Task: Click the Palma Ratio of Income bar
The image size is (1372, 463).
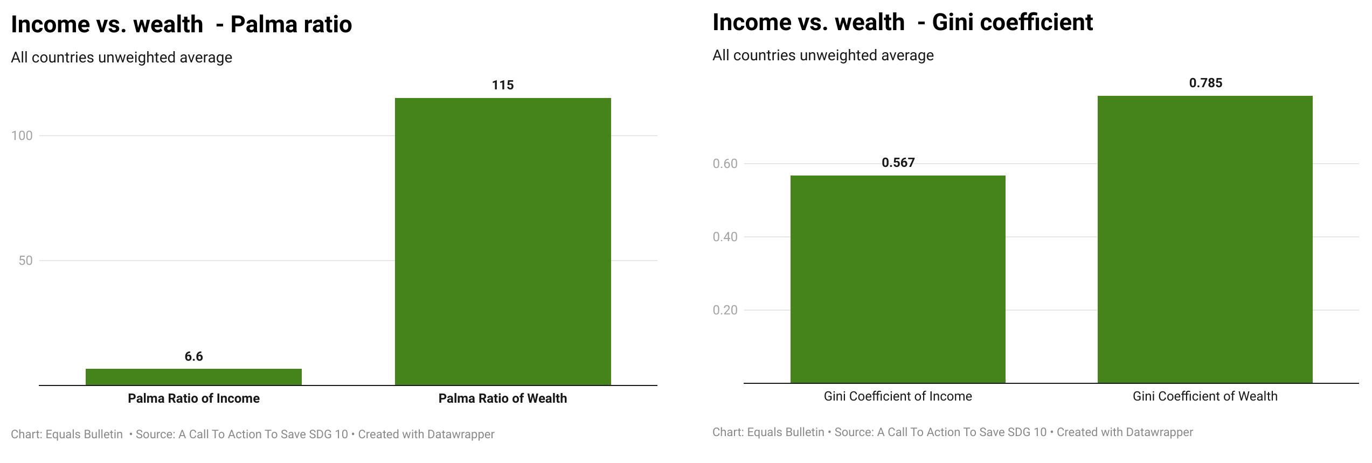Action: tap(193, 377)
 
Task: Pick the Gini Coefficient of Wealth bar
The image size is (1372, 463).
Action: tap(1205, 239)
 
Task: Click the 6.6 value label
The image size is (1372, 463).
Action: tap(193, 356)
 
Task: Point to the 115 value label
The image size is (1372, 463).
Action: tap(503, 85)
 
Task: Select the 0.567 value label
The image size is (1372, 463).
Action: tap(898, 163)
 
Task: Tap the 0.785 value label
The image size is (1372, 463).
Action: tap(1205, 83)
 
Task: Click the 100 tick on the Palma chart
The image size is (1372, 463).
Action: tap(22, 136)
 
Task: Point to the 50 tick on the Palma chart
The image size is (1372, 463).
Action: tap(25, 261)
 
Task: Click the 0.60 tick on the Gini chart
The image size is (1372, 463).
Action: tap(725, 164)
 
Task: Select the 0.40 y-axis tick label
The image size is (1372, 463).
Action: tap(725, 237)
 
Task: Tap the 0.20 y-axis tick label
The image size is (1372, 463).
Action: tap(725, 310)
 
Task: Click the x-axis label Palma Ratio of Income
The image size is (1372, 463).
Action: tap(193, 398)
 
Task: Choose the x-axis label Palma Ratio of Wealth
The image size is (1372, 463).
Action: tap(503, 398)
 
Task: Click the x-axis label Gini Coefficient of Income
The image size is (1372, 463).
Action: tap(898, 396)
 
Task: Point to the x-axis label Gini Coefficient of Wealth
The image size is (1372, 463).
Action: tap(1205, 396)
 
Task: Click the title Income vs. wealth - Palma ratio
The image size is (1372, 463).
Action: tap(181, 24)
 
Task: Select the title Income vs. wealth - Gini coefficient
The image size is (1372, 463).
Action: tap(903, 22)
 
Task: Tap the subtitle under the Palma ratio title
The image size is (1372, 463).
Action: tap(121, 58)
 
